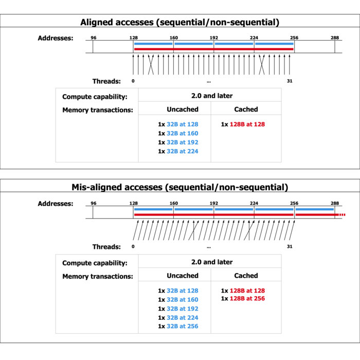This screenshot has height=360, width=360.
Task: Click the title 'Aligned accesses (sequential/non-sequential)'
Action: click(x=179, y=22)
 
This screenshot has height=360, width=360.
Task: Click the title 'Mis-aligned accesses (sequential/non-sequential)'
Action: click(x=179, y=187)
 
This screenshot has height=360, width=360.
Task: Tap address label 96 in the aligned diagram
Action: click(x=93, y=38)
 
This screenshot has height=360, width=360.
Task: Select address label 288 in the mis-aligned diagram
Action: click(x=335, y=203)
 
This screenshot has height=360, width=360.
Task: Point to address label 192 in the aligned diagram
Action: click(x=214, y=38)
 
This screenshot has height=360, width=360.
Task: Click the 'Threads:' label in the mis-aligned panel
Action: click(x=106, y=247)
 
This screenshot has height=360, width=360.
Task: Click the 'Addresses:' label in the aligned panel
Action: click(x=56, y=38)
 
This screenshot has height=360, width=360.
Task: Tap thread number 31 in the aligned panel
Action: click(x=290, y=81)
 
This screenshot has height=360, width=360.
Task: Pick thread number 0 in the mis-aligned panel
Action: click(x=133, y=247)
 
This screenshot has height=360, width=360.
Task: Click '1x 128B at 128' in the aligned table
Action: click(x=243, y=124)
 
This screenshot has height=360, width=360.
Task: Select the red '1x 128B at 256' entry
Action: click(x=243, y=299)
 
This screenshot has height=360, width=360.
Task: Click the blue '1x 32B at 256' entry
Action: click(x=178, y=326)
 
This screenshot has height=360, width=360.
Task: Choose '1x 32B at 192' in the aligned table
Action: click(x=178, y=142)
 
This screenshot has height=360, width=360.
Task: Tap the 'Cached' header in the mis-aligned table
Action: click(x=246, y=276)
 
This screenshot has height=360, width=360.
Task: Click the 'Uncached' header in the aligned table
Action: click(x=182, y=110)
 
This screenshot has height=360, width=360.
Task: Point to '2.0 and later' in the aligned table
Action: click(x=210, y=96)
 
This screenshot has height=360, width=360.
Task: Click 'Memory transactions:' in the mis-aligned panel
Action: click(x=98, y=276)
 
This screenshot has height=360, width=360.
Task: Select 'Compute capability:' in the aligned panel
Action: click(x=95, y=97)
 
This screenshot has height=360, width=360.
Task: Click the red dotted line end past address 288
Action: click(x=341, y=214)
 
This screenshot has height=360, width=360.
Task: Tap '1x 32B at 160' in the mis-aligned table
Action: click(x=178, y=299)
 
